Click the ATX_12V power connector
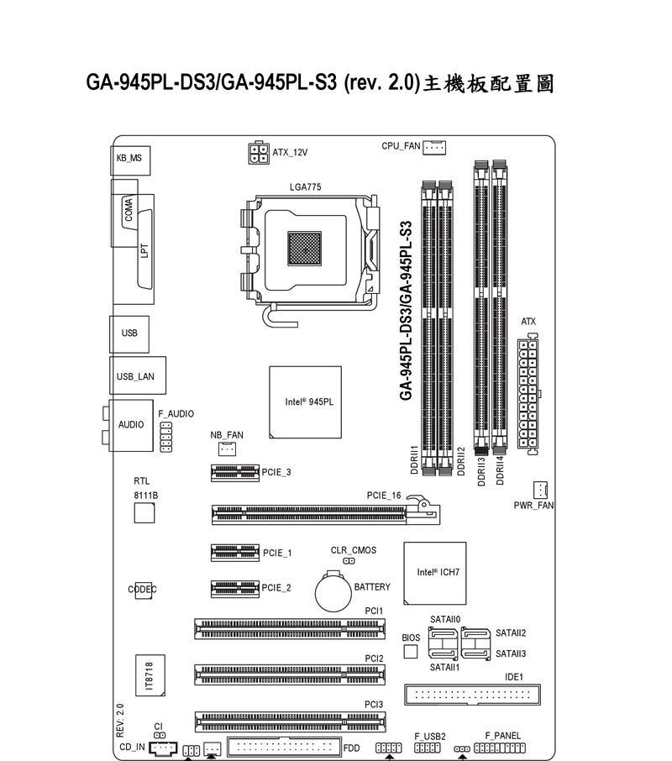pyautogui.click(x=259, y=153)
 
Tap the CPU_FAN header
pyautogui.click(x=434, y=147)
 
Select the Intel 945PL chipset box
pyautogui.click(x=305, y=402)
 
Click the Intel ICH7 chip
pyautogui.click(x=435, y=573)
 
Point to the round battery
pyautogui.click(x=333, y=591)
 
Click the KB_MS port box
pyautogui.click(x=130, y=160)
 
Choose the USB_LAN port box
pyautogui.click(x=138, y=375)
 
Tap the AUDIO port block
pyautogui.click(x=130, y=426)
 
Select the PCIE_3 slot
pyautogui.click(x=235, y=473)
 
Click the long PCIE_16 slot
pyautogui.click(x=326, y=514)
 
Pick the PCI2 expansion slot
pyautogui.click(x=290, y=674)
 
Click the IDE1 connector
pyautogui.click(x=472, y=695)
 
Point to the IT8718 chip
pyautogui.click(x=150, y=675)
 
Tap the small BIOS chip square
pyautogui.click(x=411, y=652)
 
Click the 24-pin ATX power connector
pyautogui.click(x=528, y=394)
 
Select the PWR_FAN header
pyautogui.click(x=540, y=491)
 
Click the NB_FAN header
pyautogui.click(x=227, y=449)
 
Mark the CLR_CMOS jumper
pyautogui.click(x=349, y=561)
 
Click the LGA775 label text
pyautogui.click(x=305, y=186)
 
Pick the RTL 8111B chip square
pyautogui.click(x=144, y=513)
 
